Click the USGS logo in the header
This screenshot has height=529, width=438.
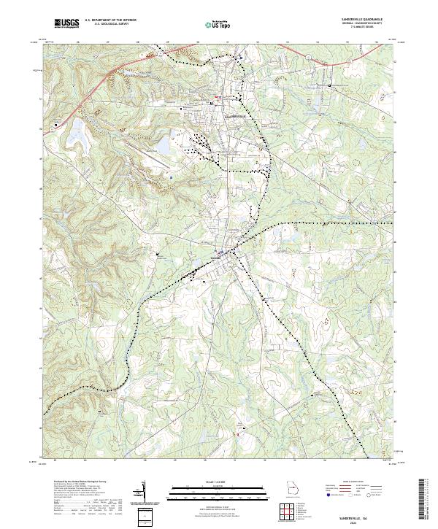coord(67,24)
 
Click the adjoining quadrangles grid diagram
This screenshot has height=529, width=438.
coord(290,514)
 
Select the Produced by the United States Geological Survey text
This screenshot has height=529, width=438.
coord(81,482)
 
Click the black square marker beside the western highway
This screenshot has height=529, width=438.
coord(56,126)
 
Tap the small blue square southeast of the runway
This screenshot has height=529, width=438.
coord(171,176)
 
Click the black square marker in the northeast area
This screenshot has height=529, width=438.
coord(330,86)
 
